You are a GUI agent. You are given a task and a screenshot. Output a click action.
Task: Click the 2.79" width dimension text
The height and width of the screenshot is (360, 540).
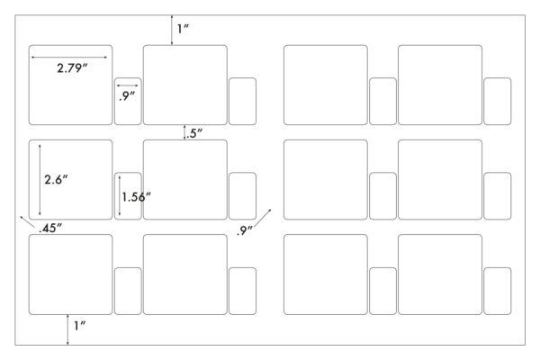click(x=72, y=68)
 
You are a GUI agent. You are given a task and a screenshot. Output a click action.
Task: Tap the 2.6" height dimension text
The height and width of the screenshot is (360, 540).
click(x=56, y=179)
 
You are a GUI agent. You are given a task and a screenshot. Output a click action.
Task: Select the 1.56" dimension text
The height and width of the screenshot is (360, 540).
click(x=137, y=197)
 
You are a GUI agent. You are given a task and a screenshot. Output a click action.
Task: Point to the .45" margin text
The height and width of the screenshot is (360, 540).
click(x=50, y=228)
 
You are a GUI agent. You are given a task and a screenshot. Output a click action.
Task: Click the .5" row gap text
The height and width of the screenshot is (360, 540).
click(x=194, y=133)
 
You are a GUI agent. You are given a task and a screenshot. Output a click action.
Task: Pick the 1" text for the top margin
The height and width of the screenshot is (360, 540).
click(x=184, y=29)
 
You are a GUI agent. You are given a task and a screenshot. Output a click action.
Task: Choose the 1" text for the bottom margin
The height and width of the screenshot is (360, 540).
click(x=79, y=326)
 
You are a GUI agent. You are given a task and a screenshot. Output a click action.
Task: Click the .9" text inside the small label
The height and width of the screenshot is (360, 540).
click(x=127, y=96)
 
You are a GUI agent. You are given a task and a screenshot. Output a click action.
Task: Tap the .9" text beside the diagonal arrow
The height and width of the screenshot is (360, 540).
click(x=245, y=230)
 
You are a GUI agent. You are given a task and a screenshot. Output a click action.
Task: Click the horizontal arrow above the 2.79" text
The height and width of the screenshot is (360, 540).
click(x=69, y=58)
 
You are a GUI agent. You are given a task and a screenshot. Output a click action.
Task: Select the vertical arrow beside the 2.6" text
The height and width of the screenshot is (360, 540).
click(x=40, y=180)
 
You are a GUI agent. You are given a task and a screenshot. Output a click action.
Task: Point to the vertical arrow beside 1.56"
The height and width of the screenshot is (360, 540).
click(x=120, y=195)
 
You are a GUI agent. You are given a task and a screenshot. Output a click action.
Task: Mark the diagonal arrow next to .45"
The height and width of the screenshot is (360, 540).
click(x=28, y=222)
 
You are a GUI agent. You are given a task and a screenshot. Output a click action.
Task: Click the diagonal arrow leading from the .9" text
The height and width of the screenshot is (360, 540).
click(x=263, y=218)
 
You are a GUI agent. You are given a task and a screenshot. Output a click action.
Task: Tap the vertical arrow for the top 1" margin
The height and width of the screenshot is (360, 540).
click(x=172, y=30)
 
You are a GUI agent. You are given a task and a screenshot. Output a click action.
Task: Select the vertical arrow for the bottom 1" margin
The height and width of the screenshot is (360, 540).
click(x=67, y=329)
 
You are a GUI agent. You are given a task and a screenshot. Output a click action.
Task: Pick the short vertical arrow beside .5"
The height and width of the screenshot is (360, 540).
click(x=184, y=132)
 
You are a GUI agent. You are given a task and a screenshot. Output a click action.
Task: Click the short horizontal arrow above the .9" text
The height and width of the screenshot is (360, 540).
click(x=128, y=85)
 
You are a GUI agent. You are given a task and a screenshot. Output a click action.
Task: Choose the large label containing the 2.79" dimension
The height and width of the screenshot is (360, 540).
click(x=70, y=85)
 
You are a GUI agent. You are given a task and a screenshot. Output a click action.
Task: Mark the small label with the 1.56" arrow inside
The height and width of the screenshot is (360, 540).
click(x=128, y=195)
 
